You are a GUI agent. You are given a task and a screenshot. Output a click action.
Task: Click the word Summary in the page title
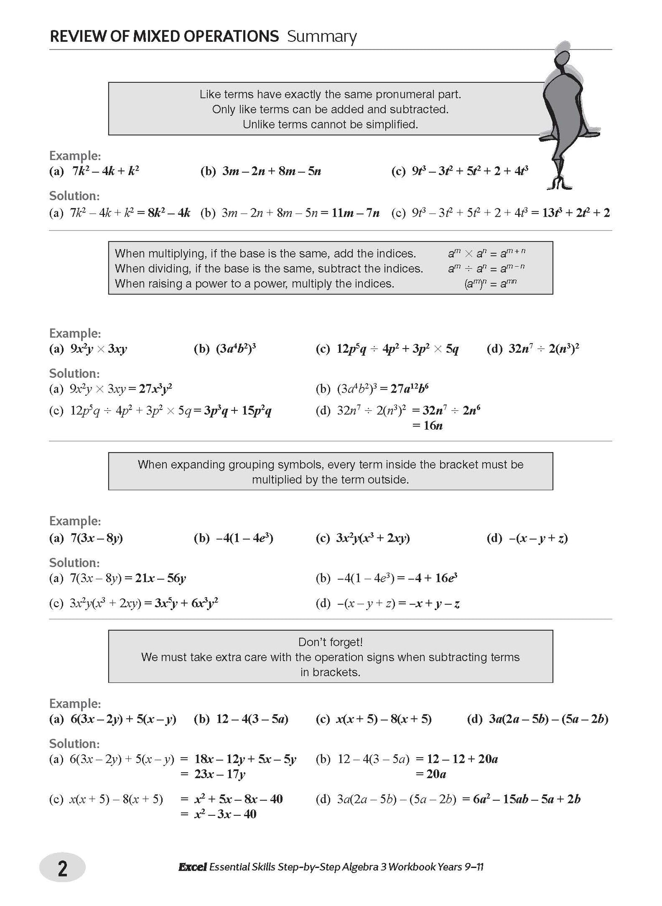(322, 37)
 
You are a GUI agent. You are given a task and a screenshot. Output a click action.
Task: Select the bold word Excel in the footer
(192, 867)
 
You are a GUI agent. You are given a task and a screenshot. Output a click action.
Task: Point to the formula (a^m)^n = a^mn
(490, 284)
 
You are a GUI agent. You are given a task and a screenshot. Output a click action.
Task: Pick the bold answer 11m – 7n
(354, 213)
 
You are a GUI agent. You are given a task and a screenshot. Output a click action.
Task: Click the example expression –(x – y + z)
(539, 538)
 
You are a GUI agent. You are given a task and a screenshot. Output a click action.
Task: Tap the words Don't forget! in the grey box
(330, 642)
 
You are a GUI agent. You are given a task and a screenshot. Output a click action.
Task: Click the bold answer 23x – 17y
(219, 774)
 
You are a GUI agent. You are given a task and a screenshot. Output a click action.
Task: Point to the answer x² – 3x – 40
(225, 814)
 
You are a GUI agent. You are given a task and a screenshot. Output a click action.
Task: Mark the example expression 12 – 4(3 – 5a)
(252, 719)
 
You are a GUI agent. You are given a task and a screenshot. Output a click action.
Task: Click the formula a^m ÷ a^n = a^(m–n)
(486, 268)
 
